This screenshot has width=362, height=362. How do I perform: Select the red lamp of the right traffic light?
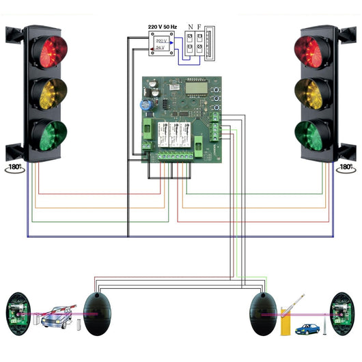click(312, 50)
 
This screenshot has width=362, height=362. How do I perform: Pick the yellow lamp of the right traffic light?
click(312, 91)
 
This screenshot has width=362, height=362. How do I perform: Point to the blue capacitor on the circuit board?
click(146, 106)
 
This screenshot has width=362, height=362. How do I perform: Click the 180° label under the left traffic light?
click(15, 167)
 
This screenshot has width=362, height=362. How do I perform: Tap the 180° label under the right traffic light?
click(346, 167)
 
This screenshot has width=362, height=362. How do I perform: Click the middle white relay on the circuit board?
click(176, 135)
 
